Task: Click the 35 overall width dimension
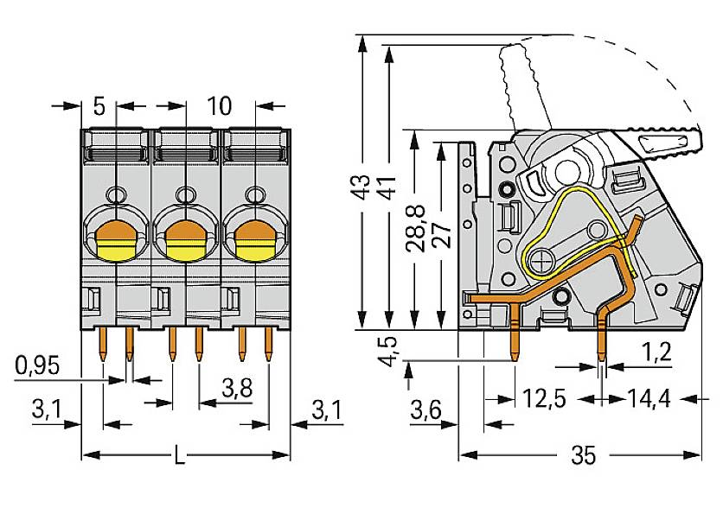pos(585,455)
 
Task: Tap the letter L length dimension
pos(179,455)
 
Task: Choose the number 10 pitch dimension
pos(220,106)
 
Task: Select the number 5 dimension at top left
pos(99,106)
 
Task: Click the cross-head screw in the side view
pos(542,258)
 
